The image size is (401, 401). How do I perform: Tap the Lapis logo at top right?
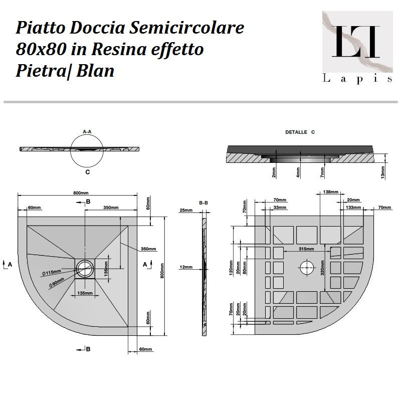356,47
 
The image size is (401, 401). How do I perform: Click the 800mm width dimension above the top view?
81,192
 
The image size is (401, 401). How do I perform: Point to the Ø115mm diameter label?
52,272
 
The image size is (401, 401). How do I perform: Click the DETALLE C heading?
299,132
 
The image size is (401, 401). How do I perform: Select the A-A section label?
87,132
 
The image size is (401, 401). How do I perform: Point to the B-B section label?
204,203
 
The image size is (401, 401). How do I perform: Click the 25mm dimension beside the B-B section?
185,210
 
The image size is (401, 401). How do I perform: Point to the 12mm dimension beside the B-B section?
185,267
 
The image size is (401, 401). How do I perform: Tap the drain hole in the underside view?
306,267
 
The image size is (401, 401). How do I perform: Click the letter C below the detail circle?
87,172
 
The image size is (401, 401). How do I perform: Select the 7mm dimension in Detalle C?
322,172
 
